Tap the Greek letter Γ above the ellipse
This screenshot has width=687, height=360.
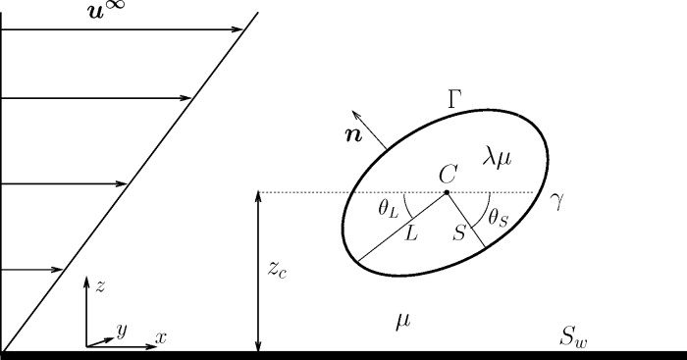tap(454, 98)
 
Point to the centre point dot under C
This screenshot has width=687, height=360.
tap(447, 192)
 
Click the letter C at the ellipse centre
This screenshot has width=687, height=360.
tap(448, 174)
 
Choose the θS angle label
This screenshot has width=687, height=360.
tap(498, 215)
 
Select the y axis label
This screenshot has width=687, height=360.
tap(122, 331)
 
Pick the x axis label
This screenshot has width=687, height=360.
tap(161, 337)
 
